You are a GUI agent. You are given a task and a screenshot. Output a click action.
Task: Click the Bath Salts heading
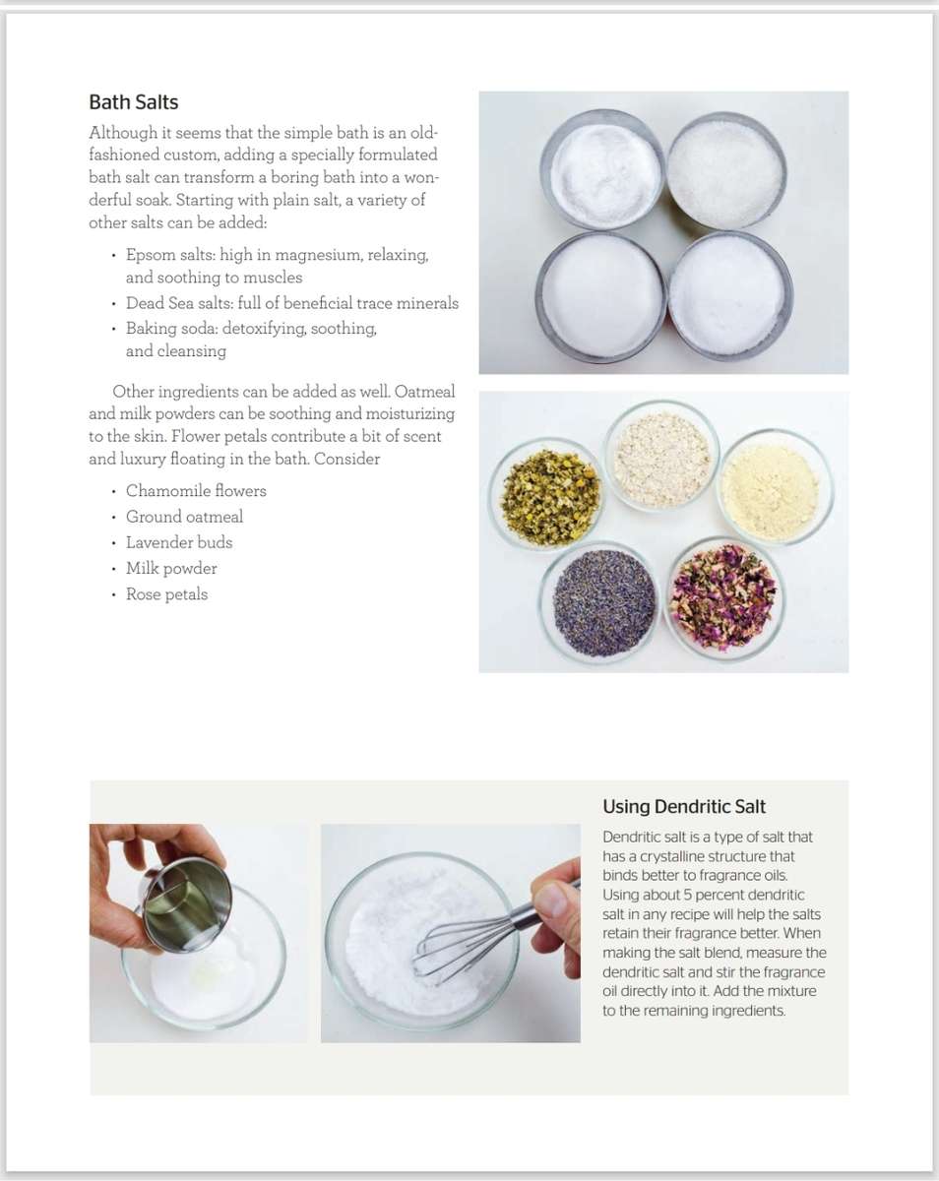(x=133, y=102)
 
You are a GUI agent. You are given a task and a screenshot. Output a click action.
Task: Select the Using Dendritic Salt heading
(x=683, y=807)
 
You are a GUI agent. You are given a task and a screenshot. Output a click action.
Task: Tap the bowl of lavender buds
(x=599, y=601)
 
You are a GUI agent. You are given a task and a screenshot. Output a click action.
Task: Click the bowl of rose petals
(x=723, y=596)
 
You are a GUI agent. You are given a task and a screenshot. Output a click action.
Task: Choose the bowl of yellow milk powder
(x=776, y=485)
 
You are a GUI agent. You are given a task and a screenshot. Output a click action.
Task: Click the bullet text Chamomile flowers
(x=196, y=491)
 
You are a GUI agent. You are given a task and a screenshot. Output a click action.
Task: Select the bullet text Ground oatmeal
(x=184, y=517)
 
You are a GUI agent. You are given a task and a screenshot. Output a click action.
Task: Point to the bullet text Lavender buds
(x=179, y=542)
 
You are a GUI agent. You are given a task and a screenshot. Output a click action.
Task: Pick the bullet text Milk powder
(x=171, y=569)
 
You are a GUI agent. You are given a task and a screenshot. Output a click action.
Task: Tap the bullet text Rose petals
(x=166, y=594)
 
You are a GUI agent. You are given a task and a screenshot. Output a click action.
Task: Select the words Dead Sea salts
(x=179, y=304)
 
